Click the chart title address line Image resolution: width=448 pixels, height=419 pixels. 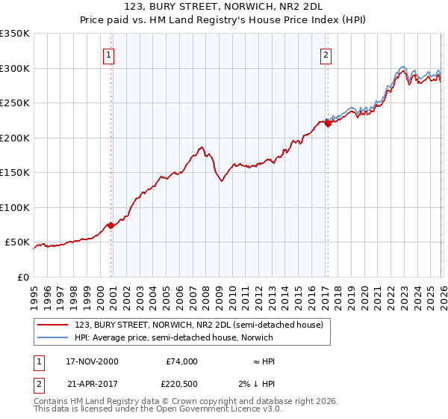click(x=224, y=7)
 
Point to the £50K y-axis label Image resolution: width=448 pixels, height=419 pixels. click(x=16, y=242)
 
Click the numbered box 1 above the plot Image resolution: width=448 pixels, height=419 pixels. click(x=109, y=54)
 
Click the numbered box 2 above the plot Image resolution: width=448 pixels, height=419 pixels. click(x=326, y=54)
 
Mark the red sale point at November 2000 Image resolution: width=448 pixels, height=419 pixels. click(x=111, y=225)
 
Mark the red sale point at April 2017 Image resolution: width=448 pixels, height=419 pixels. click(x=327, y=124)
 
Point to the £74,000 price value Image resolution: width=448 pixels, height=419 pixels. click(x=181, y=361)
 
